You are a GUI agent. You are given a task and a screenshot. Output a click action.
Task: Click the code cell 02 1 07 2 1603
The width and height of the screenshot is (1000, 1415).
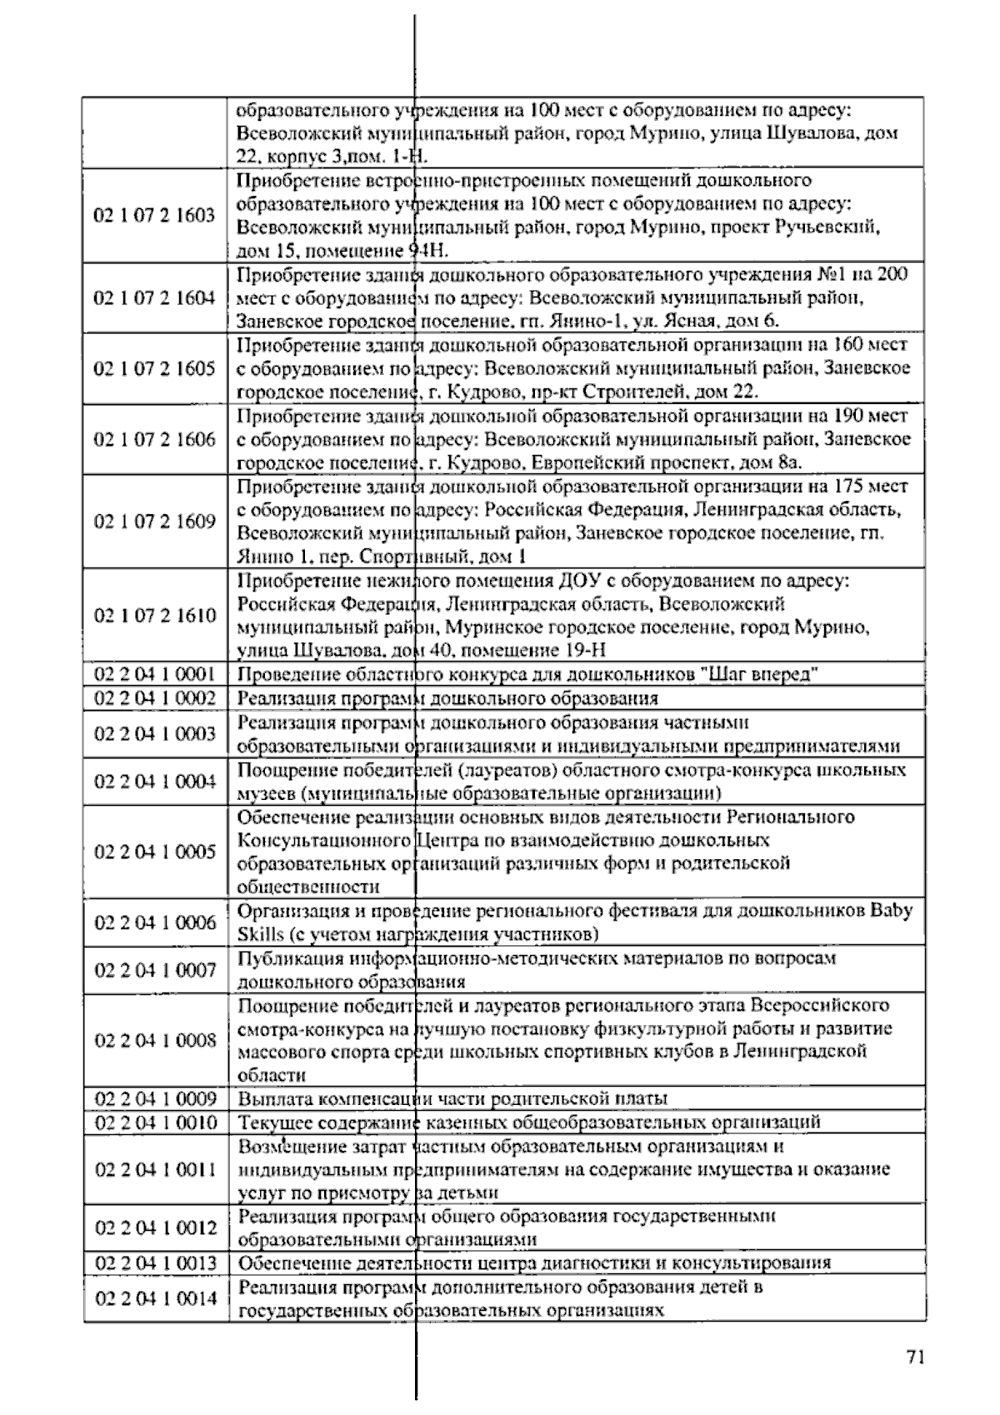tap(154, 215)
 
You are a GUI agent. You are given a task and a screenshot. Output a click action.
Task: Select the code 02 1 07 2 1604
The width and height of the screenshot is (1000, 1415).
tap(154, 297)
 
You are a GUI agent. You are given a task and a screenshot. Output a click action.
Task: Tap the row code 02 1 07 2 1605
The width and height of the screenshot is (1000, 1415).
tap(154, 368)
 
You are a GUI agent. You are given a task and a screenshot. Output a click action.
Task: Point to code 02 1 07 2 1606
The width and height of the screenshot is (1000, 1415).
tap(154, 439)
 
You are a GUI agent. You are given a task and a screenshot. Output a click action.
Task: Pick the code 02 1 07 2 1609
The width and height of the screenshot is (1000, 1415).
tap(154, 521)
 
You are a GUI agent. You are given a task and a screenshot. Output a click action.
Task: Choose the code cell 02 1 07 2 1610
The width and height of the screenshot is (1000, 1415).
tap(154, 615)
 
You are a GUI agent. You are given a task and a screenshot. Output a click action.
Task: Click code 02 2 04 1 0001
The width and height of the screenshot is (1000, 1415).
tap(154, 674)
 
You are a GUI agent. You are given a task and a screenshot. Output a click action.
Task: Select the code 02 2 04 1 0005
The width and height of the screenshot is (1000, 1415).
tap(154, 851)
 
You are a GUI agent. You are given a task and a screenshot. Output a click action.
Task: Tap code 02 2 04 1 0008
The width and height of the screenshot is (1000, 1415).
tap(154, 1039)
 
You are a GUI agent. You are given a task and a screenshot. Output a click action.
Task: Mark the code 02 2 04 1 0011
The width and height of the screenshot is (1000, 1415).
tap(154, 1169)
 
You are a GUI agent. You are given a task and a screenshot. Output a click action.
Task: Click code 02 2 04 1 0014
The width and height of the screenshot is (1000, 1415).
tap(154, 1298)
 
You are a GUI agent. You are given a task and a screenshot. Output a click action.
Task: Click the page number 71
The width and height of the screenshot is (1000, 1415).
tap(914, 1357)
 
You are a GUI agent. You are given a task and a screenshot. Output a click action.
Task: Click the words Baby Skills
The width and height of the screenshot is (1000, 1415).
tap(891, 910)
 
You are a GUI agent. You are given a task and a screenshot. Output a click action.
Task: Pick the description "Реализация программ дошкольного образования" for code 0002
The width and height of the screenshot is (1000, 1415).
tap(447, 698)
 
